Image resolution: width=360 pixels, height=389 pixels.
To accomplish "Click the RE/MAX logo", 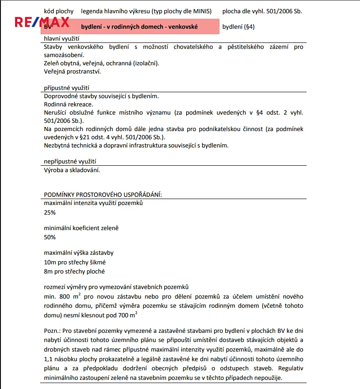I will pos(42,22).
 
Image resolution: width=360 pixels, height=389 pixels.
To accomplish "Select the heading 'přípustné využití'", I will pos(66,88).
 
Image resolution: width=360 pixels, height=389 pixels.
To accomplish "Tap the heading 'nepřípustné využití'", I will pos(70,162).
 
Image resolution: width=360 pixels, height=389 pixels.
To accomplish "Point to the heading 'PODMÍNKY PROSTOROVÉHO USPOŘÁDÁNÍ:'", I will pos(103,194).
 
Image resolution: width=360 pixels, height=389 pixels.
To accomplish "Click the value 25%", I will pos(50,213).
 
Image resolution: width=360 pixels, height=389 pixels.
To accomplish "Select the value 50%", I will pos(50,237).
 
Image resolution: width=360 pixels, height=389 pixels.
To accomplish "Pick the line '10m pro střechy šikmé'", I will pos(74,263).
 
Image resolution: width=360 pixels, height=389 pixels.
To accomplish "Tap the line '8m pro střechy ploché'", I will pos(74,272).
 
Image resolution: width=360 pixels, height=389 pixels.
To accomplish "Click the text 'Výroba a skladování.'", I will pos(72,170).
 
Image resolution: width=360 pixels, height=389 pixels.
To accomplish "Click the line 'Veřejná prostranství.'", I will pos(73,72).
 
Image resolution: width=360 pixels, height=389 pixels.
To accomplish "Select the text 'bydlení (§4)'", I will pos(238,26).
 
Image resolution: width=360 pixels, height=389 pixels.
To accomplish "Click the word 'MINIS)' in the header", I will pos(202,11).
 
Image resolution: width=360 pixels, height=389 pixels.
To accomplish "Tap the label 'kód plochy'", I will pos(59,11).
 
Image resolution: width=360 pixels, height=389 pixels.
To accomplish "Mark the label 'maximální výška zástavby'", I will pos(78,252).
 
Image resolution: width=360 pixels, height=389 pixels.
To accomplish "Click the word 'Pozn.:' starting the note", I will pos(52,330).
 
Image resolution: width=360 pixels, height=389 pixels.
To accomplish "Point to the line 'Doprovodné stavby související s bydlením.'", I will pos(101,96).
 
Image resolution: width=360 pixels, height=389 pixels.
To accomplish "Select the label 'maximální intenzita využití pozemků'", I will pos(93,203).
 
